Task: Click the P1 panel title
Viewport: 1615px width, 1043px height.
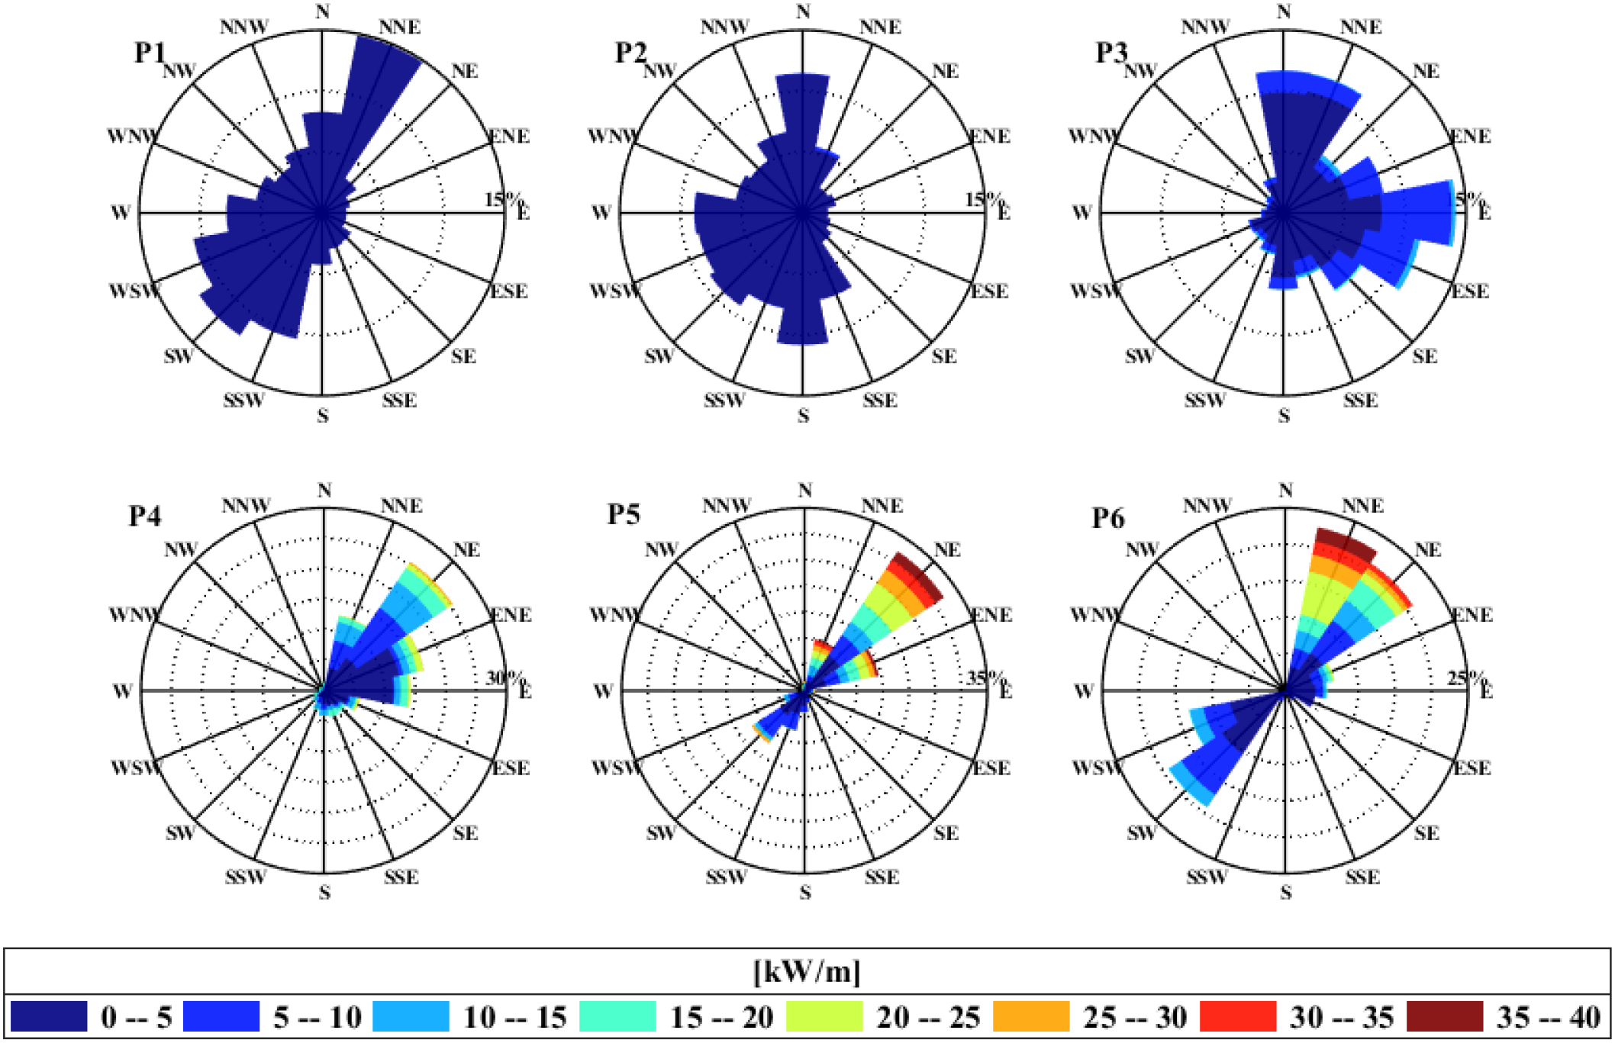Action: tap(150, 53)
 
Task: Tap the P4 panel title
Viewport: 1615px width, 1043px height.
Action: tap(144, 516)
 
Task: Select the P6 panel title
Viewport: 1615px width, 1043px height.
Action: tap(1107, 518)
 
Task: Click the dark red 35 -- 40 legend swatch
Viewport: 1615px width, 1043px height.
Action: tap(1444, 1016)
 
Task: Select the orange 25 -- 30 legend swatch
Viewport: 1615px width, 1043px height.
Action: tap(1030, 1016)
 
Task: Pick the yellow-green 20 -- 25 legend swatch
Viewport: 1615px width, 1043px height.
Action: tap(824, 1016)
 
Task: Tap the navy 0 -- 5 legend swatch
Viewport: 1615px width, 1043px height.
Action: tap(49, 1016)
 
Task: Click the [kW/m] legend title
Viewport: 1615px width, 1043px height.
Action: tap(807, 972)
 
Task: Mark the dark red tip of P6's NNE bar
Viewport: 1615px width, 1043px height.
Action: tap(1346, 543)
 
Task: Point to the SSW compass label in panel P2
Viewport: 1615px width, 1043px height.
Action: tap(723, 400)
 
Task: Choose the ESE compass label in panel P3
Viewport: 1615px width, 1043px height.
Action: tap(1469, 291)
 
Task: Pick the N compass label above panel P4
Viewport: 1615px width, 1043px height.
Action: tap(324, 491)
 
